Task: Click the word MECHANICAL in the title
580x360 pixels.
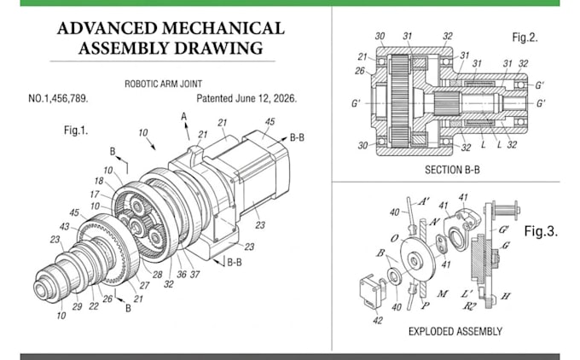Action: point(223,28)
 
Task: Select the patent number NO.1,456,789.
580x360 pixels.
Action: point(58,99)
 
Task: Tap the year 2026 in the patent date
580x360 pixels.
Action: point(285,99)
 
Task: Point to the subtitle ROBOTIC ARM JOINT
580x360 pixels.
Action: point(164,84)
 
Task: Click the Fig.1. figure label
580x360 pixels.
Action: point(76,131)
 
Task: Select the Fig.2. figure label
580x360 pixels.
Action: point(525,38)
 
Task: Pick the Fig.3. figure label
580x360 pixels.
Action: point(541,231)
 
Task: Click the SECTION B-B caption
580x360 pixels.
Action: point(452,170)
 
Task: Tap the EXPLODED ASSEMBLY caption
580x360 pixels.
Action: point(455,332)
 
